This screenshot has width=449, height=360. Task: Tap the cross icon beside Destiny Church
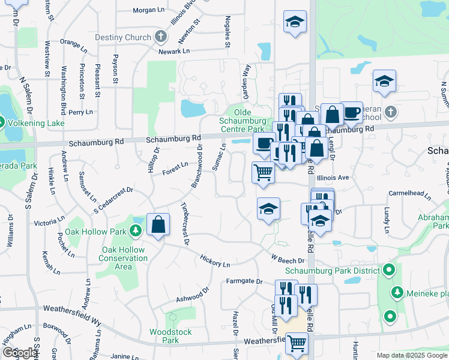pos(160,37)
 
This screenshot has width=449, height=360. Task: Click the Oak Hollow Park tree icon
pos(136,231)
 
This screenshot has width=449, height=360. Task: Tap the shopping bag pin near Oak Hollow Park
pos(157,226)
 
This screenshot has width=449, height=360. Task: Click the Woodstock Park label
pos(170,336)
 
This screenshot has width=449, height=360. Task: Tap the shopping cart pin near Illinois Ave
pos(263,172)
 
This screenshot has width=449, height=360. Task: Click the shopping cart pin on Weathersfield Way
pos(297,343)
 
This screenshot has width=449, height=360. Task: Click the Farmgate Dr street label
pos(244,281)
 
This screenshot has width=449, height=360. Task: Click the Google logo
pos(19,353)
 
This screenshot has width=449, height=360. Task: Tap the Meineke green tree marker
pos(397,292)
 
